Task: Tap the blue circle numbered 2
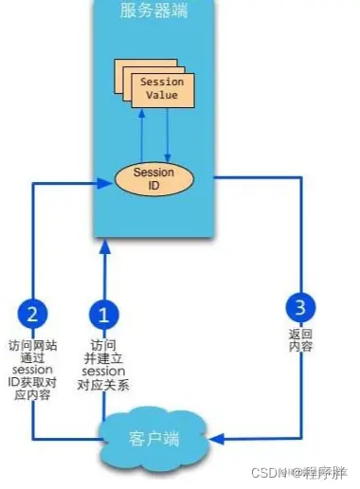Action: (x=32, y=314)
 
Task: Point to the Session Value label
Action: (x=161, y=88)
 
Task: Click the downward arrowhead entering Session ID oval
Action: (x=167, y=157)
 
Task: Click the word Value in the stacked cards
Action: (x=161, y=96)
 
